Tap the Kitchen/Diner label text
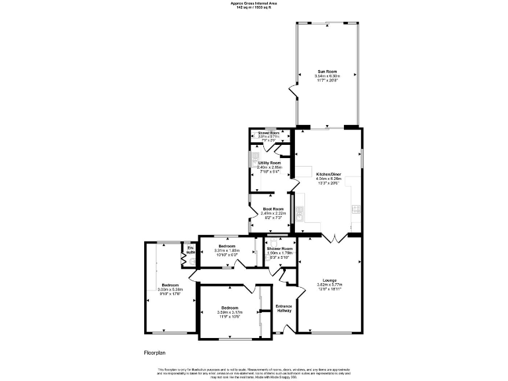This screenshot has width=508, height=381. pyautogui.click(x=329, y=174)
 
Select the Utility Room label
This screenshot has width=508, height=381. pyautogui.click(x=269, y=163)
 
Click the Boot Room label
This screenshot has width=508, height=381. pyautogui.click(x=273, y=209)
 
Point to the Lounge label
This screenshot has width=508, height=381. pyautogui.click(x=329, y=280)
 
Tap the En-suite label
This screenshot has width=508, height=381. pyautogui.click(x=190, y=250)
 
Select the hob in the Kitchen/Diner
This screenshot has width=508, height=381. pyautogui.click(x=356, y=209)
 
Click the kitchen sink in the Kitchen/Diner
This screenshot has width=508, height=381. pyautogui.click(x=300, y=213)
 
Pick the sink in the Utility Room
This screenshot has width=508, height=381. pyautogui.click(x=255, y=159)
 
